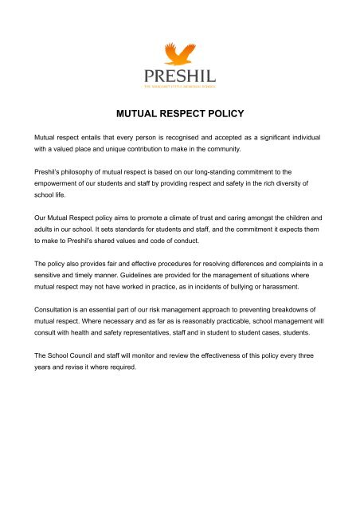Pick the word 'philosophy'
click(94, 171)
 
